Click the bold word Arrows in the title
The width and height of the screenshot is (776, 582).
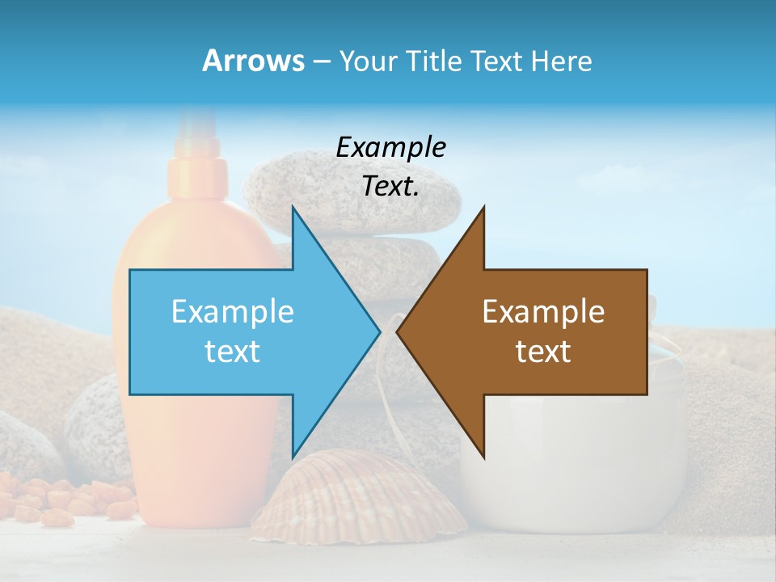coord(252,61)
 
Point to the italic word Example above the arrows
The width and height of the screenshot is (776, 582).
coord(390,147)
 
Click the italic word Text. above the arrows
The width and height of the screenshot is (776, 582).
coord(390,186)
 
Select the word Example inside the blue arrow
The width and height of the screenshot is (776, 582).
coord(233,311)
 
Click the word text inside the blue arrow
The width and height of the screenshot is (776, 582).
coord(233,351)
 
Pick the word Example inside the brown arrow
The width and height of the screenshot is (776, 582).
coord(543,311)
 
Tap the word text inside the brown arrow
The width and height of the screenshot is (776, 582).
coord(543,351)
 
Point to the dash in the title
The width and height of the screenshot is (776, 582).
coord(321,61)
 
